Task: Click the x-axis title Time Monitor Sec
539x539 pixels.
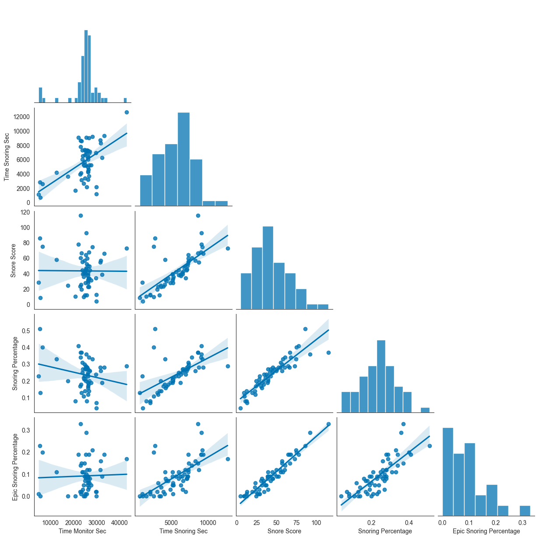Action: pos(82,531)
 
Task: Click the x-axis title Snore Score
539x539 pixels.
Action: pos(284,531)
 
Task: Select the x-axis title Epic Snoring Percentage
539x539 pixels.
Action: pos(486,531)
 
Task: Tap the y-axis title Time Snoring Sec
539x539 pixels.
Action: pos(7,157)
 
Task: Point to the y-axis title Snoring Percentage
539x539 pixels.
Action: pos(15,363)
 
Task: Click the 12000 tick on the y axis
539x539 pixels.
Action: pos(21,117)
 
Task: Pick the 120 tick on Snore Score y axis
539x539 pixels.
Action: pos(25,212)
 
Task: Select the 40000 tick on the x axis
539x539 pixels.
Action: pos(119,522)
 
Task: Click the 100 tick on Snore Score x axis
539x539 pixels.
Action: pos(316,522)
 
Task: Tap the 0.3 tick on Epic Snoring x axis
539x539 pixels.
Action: pos(522,522)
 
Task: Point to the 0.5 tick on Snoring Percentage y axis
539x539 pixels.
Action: pos(26,331)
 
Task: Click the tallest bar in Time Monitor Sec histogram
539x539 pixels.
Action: pos(86,66)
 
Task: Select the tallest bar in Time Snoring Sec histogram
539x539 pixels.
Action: pos(183,159)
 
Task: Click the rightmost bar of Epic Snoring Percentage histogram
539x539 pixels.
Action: pos(525,511)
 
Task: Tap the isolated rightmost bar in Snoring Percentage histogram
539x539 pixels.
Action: pos(425,410)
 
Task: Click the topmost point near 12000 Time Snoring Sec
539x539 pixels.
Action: pos(127,112)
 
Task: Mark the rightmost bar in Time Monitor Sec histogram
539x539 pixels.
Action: pos(125,100)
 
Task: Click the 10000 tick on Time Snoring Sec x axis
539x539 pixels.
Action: pos(208,522)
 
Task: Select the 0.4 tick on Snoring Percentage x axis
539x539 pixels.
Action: pos(409,522)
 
